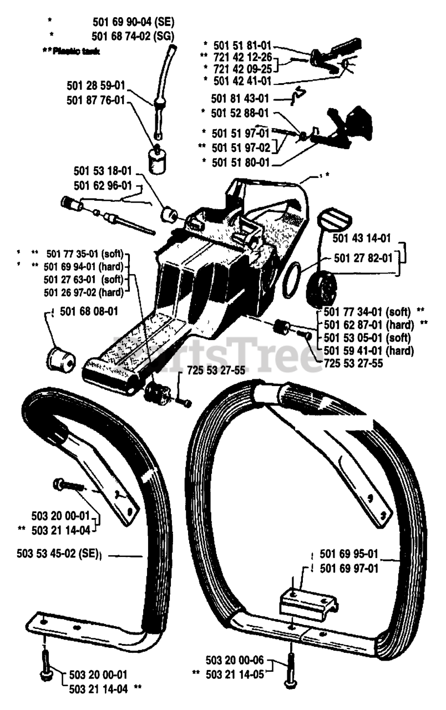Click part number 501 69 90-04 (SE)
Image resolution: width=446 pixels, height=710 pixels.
133,23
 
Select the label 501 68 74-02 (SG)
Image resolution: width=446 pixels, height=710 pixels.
133,36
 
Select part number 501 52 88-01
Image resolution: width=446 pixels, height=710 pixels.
240,113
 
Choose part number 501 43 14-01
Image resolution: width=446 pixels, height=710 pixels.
362,238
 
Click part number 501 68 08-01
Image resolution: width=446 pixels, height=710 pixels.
89,311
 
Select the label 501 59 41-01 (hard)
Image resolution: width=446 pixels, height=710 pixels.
367,350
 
